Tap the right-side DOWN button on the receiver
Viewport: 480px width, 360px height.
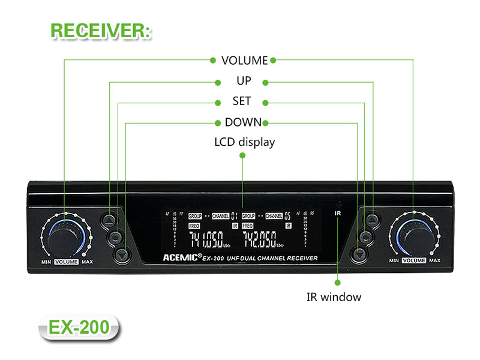click(358, 254)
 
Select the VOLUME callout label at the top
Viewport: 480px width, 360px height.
click(244, 61)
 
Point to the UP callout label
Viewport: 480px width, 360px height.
click(244, 81)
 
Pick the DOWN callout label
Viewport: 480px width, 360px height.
click(243, 122)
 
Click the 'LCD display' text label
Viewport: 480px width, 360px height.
click(244, 143)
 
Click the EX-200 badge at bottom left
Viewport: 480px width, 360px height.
click(78, 328)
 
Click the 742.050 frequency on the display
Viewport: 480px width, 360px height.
click(260, 241)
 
